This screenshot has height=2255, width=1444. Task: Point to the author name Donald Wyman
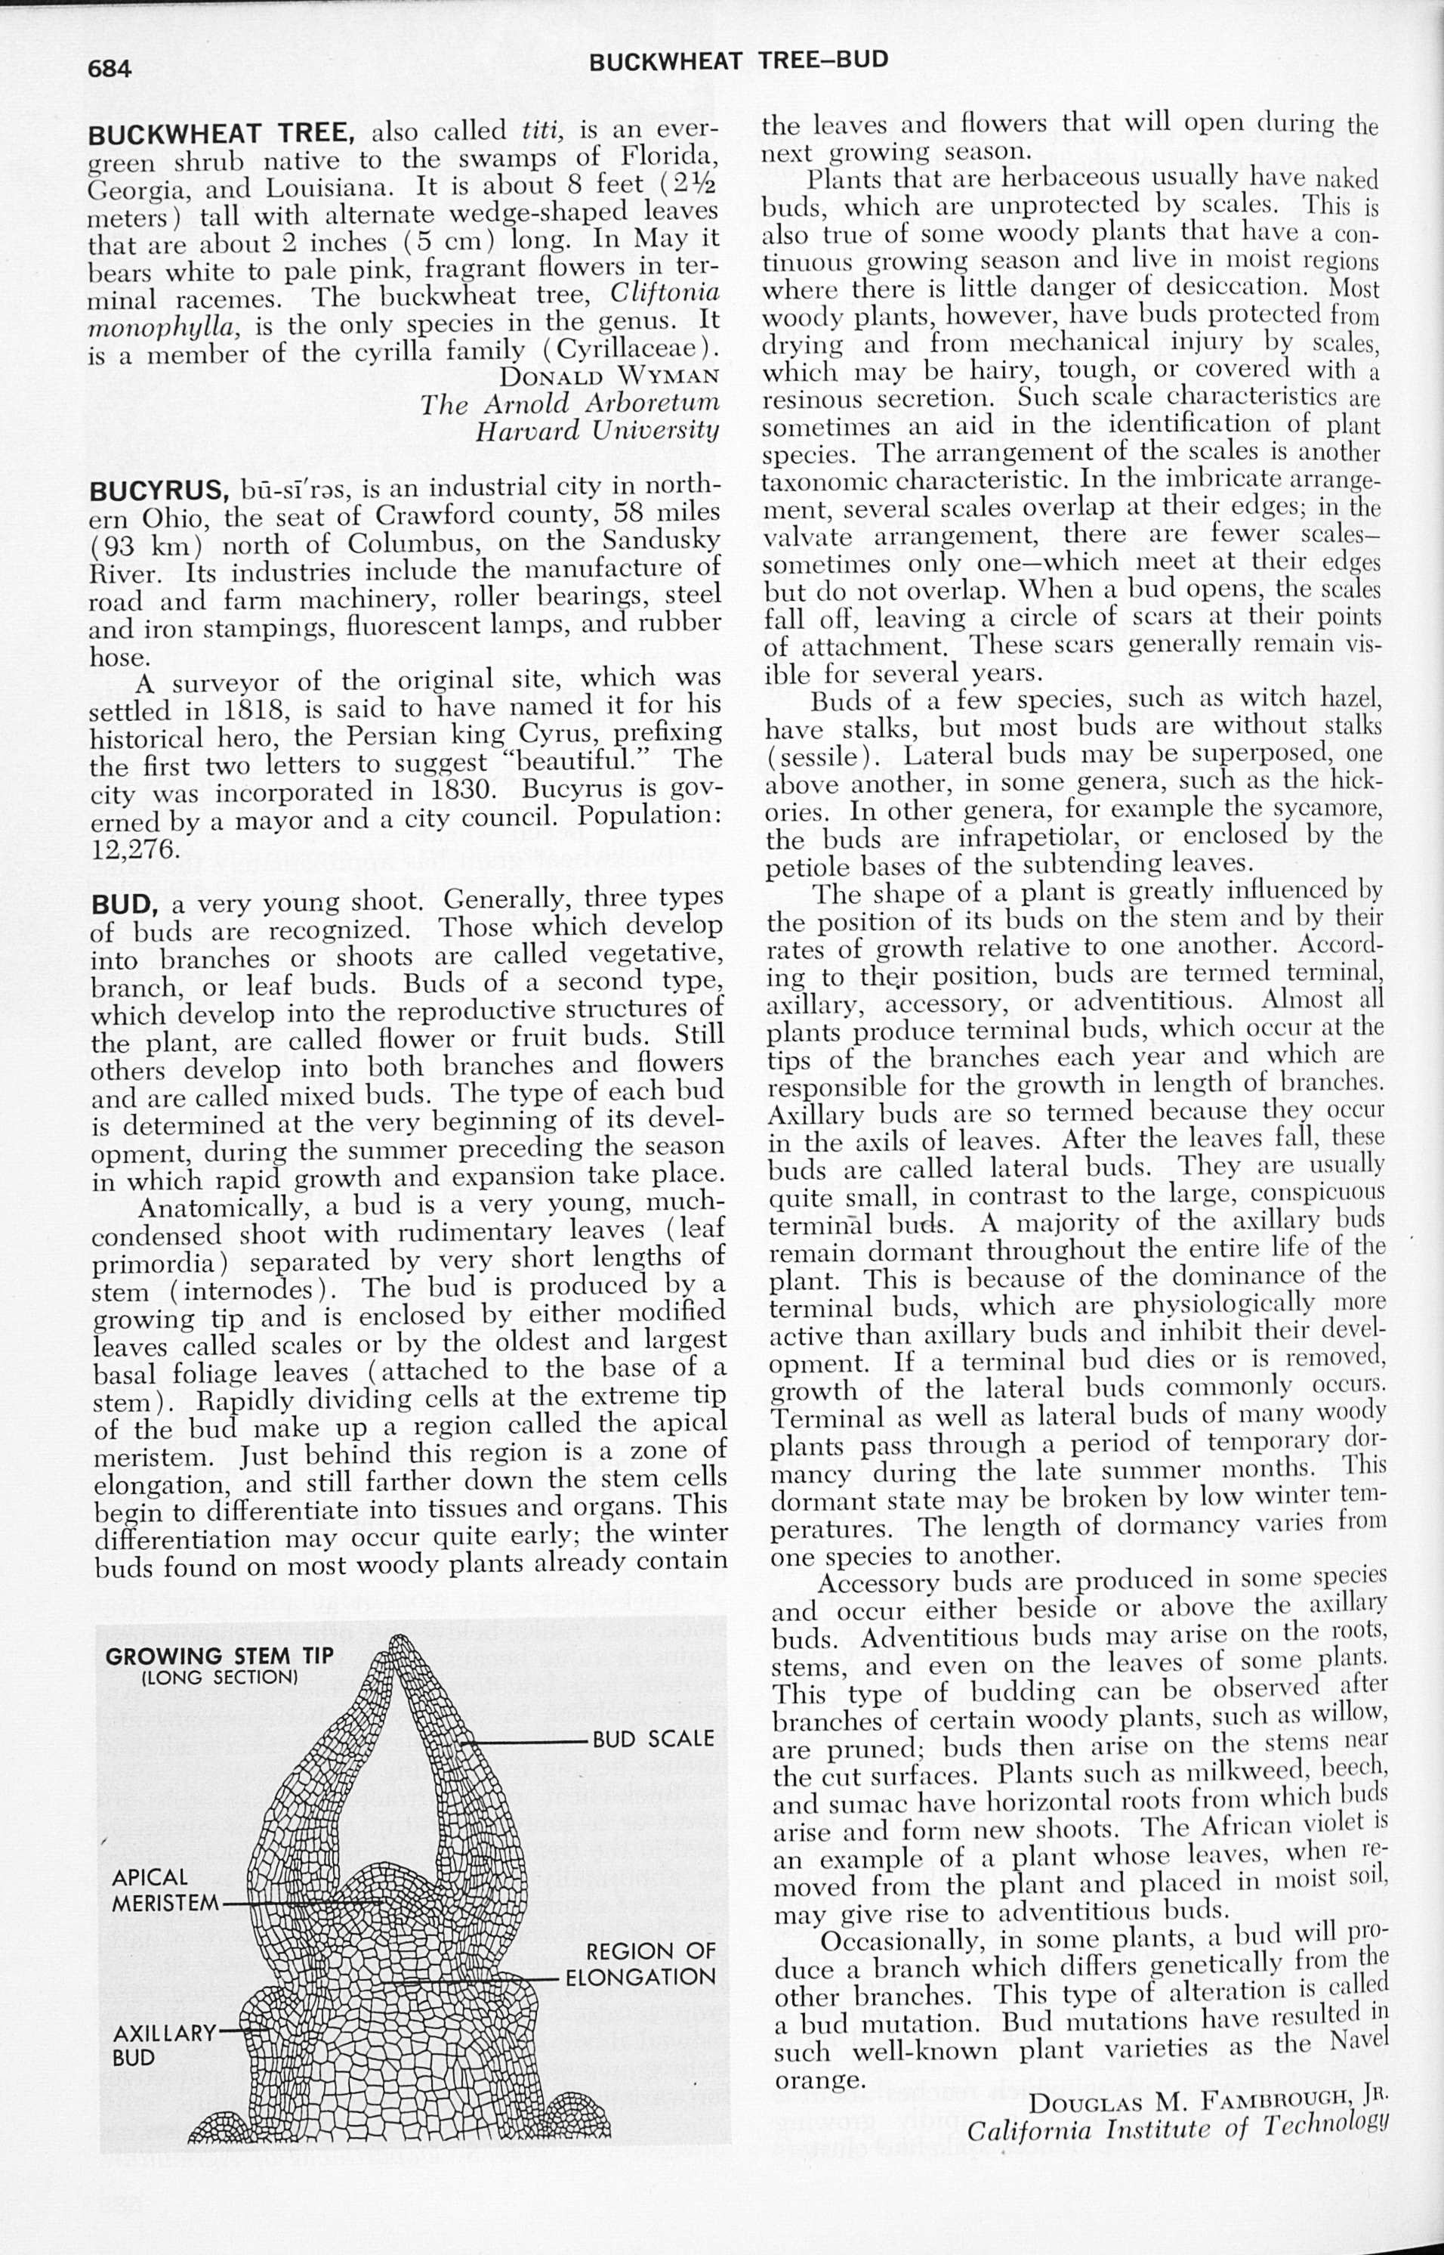(x=610, y=377)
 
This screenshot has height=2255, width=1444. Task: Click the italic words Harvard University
(x=597, y=431)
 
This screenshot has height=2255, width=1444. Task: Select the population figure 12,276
(x=135, y=848)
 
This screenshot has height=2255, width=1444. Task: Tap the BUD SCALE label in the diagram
(x=653, y=1739)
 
